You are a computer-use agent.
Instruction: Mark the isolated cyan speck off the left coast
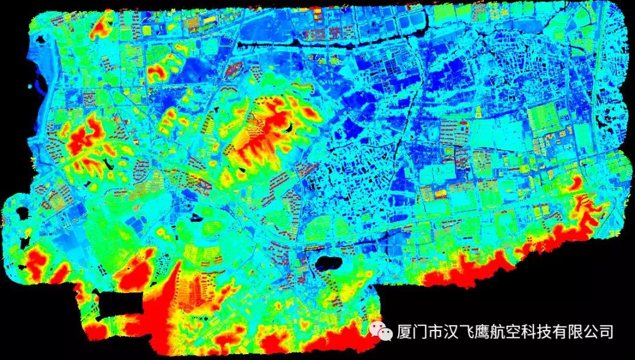pos(31,86)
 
